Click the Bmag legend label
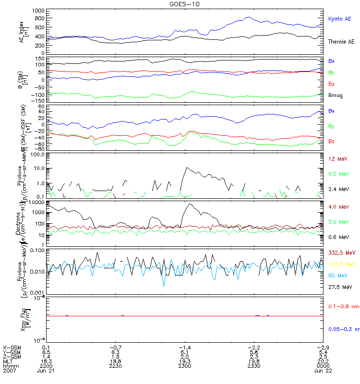coord(335,96)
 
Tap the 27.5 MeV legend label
coord(338,287)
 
